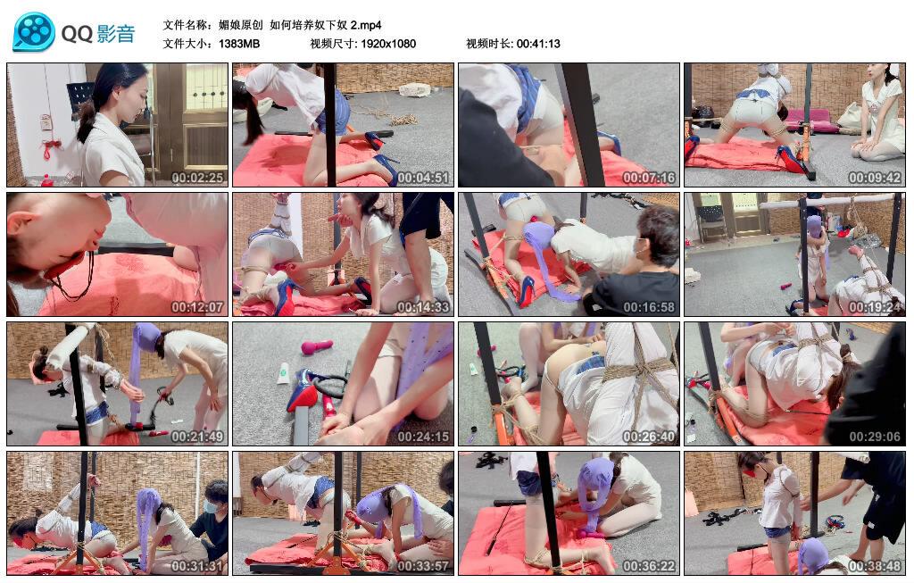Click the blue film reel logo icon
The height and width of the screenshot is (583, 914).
34,31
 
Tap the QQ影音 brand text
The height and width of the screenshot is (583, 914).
98,33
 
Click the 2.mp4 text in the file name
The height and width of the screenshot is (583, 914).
366,25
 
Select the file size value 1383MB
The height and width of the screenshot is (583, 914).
239,44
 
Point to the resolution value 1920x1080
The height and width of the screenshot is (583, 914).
388,44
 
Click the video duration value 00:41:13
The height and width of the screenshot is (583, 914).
538,44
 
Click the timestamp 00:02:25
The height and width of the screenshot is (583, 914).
197,178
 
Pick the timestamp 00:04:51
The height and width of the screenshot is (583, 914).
423,178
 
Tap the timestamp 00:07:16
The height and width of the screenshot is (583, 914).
649,178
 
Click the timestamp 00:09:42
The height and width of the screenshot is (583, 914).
875,178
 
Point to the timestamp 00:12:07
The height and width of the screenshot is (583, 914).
197,306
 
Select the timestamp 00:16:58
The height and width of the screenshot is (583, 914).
649,306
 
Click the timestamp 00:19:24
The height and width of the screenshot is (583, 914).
875,306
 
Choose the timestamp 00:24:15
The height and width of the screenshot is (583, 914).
423,436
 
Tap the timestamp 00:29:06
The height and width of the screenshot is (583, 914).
875,436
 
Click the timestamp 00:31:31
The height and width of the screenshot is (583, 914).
197,565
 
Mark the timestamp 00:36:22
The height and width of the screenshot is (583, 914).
649,565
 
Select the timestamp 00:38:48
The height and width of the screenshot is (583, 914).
875,565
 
